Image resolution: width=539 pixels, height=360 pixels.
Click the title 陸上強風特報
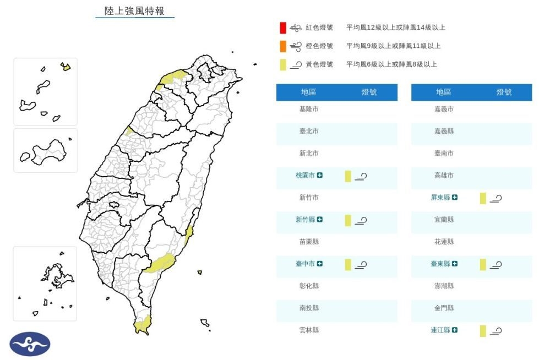point(134,11)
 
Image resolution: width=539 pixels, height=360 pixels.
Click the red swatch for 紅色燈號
point(282,28)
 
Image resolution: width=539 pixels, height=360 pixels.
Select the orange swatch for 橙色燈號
point(282,46)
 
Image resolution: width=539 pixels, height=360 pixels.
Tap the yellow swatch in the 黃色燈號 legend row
point(282,64)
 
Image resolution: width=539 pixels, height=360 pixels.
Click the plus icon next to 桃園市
point(320,175)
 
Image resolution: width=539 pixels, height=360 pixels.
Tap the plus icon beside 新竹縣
point(320,220)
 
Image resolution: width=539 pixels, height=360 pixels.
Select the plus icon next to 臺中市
point(320,264)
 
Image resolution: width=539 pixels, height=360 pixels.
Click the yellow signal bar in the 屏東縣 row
point(483,198)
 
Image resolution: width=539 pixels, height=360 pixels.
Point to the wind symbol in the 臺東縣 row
point(496,265)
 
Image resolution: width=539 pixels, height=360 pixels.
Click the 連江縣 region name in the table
point(440,330)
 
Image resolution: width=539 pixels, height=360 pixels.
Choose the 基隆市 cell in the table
point(309,109)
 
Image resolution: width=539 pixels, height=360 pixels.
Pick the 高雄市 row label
point(444,175)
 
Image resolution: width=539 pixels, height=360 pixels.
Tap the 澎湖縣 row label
point(444,286)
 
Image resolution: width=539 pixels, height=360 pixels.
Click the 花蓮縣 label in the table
point(444,242)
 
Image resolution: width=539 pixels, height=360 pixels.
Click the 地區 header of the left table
point(309,92)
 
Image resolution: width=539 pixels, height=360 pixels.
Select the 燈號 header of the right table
point(504,92)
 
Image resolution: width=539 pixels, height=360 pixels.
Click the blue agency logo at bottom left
point(30,344)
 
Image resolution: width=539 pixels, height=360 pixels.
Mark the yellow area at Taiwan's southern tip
point(142,325)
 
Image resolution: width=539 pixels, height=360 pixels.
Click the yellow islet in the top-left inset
point(66,67)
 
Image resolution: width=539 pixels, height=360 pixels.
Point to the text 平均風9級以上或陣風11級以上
point(393,46)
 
